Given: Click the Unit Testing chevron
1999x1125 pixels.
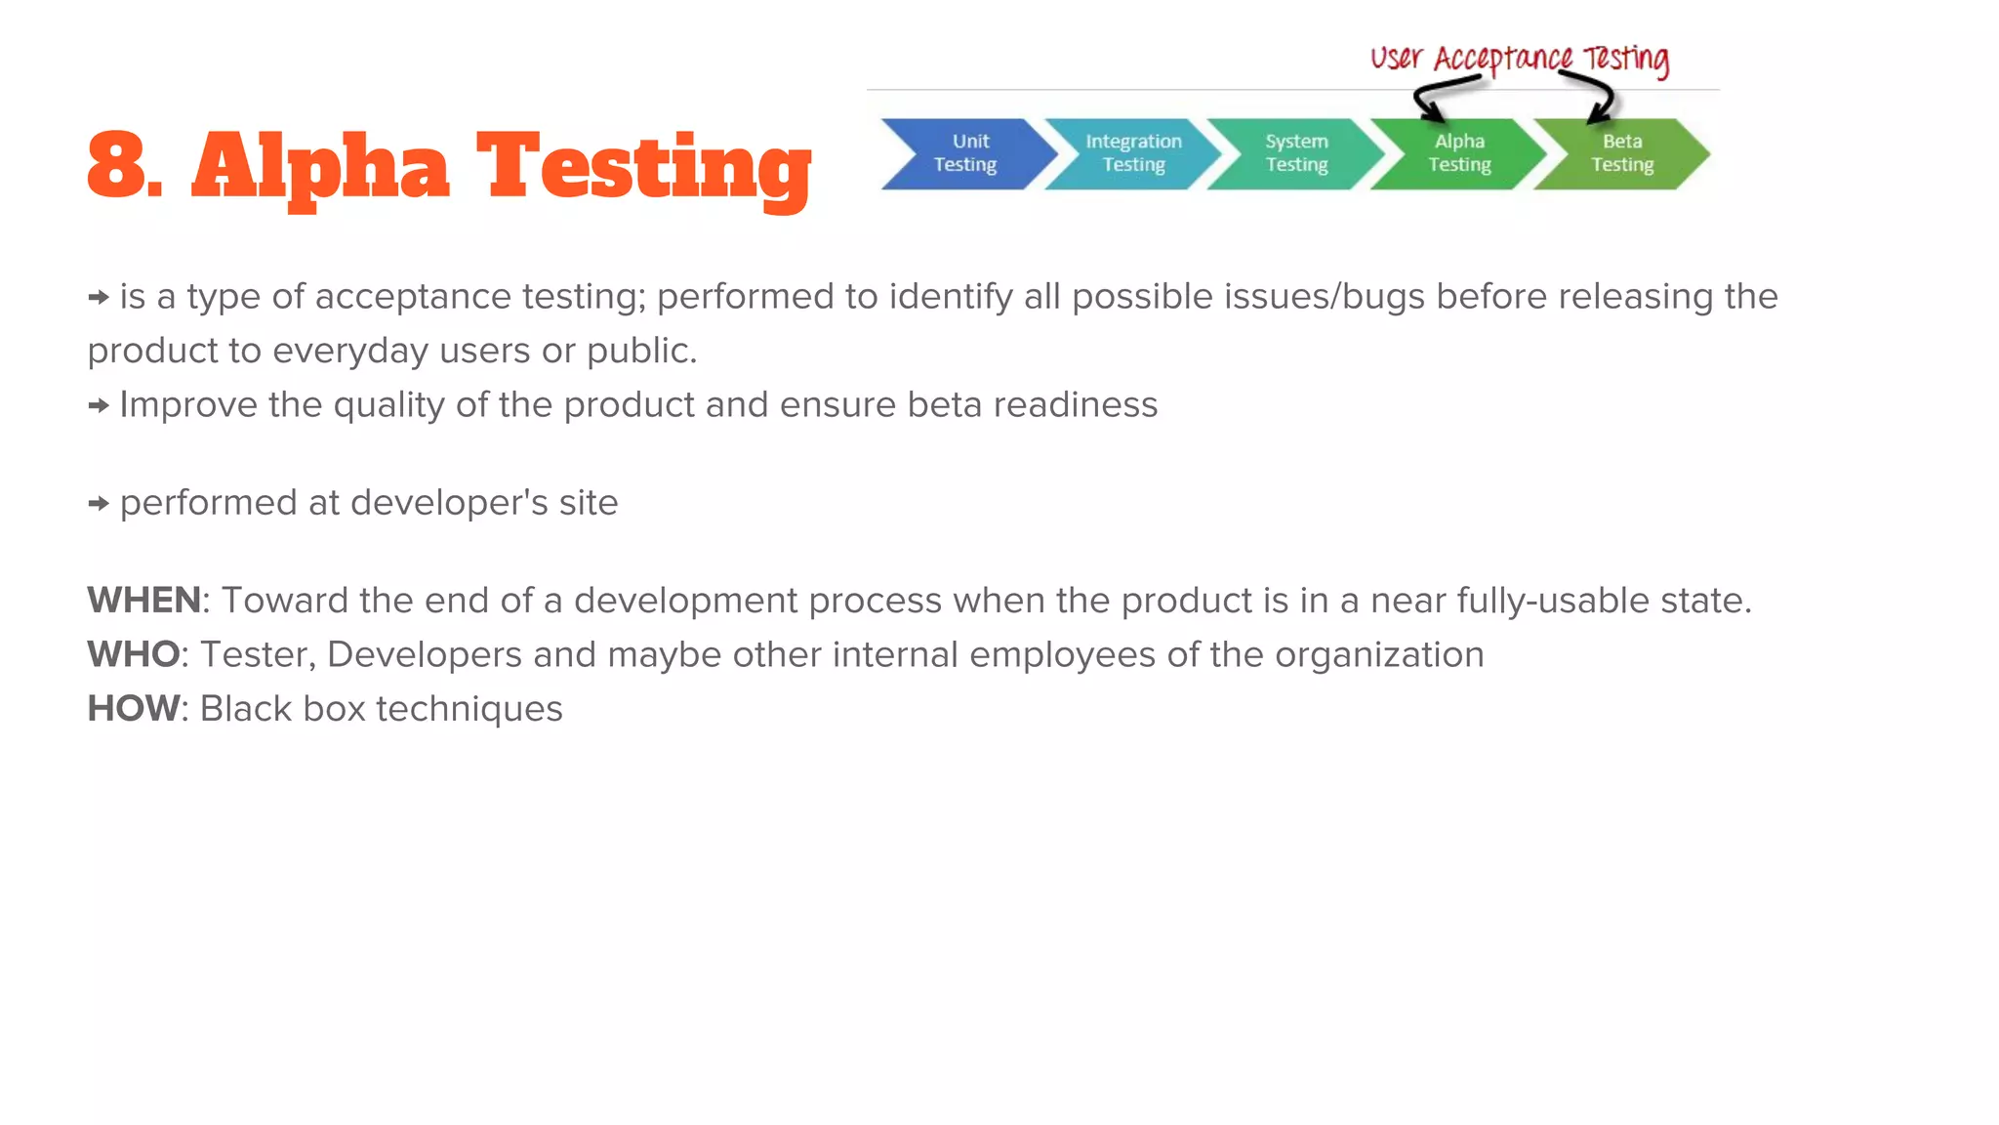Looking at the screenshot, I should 966,153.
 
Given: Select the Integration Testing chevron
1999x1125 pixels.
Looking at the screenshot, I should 1132,153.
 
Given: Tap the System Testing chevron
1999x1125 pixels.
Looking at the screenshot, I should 1296,153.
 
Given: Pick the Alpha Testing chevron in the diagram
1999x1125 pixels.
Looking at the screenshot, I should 1459,153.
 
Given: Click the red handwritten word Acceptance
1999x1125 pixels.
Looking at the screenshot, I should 1502,60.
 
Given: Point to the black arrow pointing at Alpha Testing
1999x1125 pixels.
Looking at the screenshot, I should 1435,99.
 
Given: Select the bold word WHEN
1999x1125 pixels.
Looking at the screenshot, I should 143,601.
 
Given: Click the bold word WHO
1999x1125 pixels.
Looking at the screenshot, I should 134,654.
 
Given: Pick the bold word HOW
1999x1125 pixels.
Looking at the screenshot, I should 134,709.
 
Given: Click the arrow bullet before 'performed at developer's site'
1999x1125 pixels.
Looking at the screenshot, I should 99,504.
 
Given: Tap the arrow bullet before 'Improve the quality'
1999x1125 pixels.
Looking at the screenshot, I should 99,406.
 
